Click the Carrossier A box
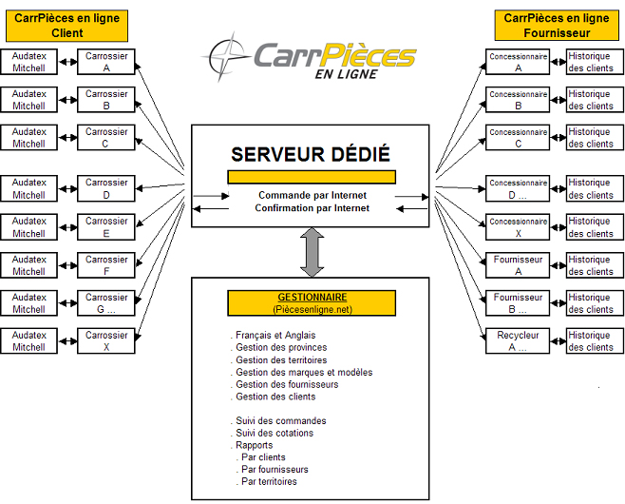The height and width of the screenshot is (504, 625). (106, 62)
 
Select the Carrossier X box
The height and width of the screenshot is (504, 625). (106, 340)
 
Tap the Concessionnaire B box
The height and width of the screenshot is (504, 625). (519, 100)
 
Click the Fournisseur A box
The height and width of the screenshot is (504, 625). (519, 264)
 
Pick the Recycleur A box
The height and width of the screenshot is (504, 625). (519, 340)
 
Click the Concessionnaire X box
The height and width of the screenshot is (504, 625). (519, 226)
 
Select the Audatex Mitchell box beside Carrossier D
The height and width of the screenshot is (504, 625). (29, 188)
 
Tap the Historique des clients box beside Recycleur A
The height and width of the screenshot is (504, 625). (591, 340)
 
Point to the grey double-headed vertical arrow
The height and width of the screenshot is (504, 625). (312, 251)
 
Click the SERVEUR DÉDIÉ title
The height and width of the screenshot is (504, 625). (312, 155)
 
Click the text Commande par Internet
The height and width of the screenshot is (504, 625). (312, 195)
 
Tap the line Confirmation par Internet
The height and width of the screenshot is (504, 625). (312, 207)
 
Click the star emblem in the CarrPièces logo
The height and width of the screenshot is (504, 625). (226, 57)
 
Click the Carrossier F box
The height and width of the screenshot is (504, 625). (106, 264)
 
